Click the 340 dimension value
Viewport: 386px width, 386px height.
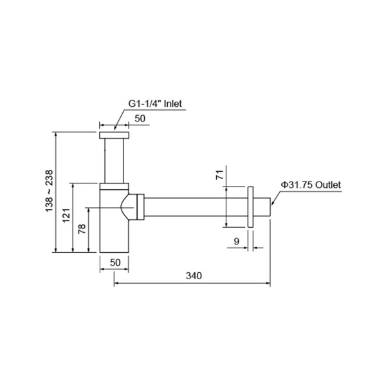tap(194, 275)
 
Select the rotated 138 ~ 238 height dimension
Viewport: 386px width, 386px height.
tap(50, 192)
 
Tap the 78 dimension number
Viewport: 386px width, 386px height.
tap(82, 230)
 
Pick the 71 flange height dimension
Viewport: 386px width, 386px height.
tap(219, 174)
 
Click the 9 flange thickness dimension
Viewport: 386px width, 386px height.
tap(236, 241)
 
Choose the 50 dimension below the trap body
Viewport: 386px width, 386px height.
tap(115, 262)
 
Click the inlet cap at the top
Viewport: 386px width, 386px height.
tap(115, 136)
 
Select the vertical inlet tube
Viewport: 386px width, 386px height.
tap(115, 161)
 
